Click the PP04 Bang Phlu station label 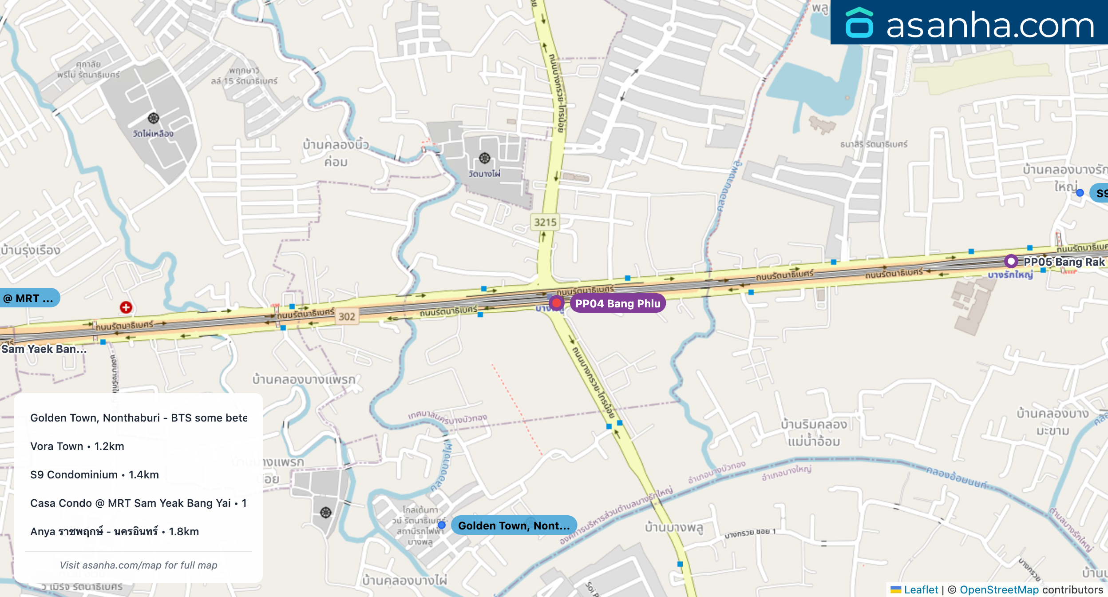(617, 303)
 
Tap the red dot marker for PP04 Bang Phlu (556, 303)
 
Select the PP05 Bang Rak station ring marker (1011, 261)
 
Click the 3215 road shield (545, 222)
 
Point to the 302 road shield (347, 316)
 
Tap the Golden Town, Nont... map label (514, 525)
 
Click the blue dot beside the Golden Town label (442, 525)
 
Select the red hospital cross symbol (126, 307)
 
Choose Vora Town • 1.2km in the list (77, 446)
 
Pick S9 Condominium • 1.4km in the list (95, 474)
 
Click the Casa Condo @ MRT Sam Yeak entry (138, 503)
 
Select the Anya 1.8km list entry (115, 531)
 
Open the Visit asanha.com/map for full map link (138, 565)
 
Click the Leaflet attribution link (921, 589)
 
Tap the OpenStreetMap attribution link (999, 589)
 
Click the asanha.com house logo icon (859, 23)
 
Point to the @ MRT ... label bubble (29, 298)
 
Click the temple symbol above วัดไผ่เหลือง (154, 118)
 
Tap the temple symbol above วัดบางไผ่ (485, 158)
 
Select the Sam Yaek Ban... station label (44, 349)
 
